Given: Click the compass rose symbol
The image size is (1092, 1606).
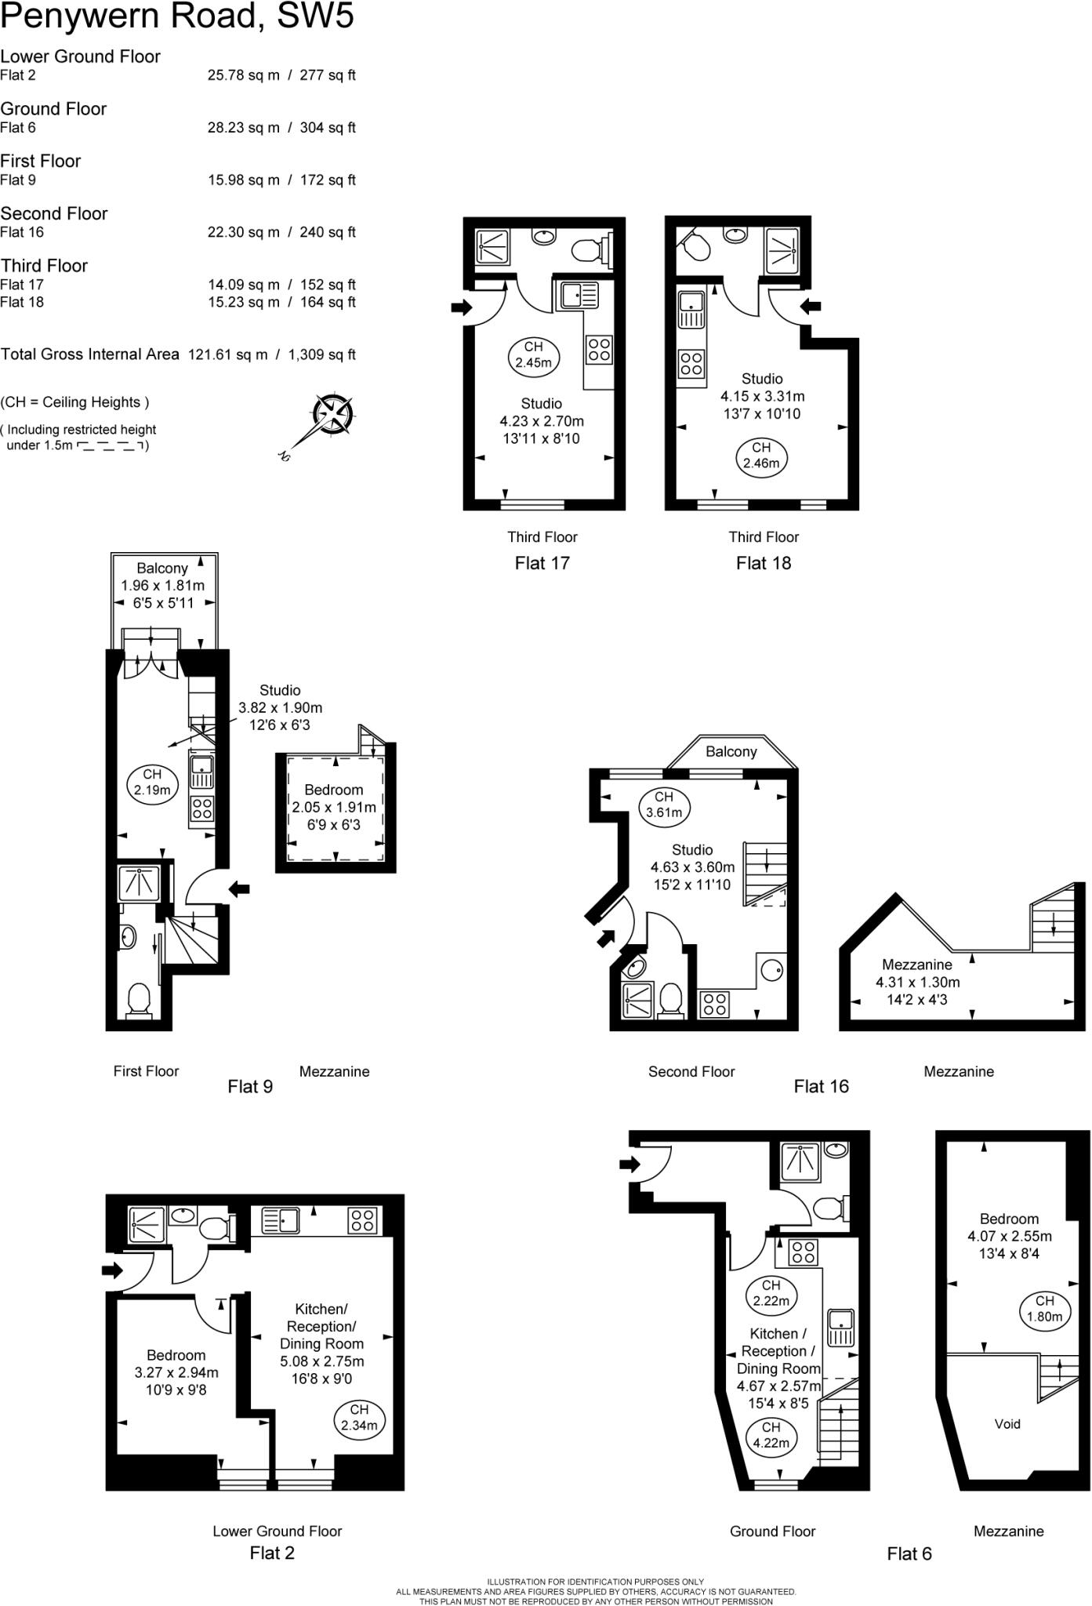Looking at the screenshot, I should point(332,413).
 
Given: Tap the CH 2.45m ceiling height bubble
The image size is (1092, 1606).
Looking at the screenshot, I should point(533,354).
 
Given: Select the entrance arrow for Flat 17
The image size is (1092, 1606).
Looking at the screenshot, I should point(460,307).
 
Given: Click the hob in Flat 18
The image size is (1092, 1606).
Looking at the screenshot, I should point(691,364).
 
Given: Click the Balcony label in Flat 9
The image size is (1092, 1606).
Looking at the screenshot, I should point(162,569).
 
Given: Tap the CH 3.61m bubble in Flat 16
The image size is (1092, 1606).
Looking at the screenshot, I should point(664,805).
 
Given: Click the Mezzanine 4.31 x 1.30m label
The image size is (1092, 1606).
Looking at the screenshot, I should point(917,982).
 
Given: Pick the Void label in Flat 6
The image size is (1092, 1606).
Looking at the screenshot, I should point(1007,1424).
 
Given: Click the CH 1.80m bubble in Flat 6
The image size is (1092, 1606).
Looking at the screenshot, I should point(1044,1308).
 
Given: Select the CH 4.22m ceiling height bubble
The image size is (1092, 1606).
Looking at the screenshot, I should point(771,1434).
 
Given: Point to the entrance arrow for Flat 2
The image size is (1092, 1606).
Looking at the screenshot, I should point(113,1270).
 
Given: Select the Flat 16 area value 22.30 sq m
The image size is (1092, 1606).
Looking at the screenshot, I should point(243,232).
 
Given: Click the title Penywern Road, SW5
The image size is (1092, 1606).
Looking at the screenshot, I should point(177,16).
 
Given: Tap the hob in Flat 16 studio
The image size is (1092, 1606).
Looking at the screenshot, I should point(714,1005).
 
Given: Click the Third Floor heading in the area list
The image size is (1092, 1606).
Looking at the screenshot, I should point(44,266).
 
